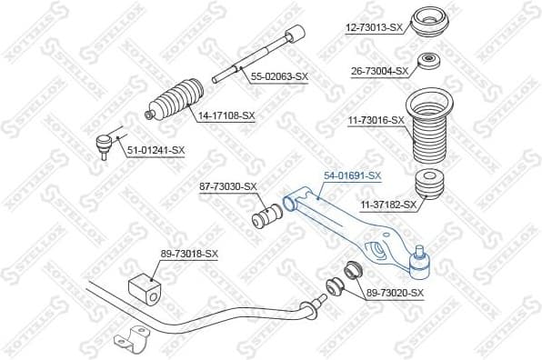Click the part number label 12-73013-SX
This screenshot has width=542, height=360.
[373, 27]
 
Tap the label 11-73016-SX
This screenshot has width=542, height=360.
[373, 119]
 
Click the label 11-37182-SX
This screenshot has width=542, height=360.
[387, 205]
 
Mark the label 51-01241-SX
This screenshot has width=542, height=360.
[156, 150]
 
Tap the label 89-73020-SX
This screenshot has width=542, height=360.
[395, 292]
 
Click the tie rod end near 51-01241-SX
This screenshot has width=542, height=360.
[105, 140]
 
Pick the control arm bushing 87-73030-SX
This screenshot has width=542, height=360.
[266, 219]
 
